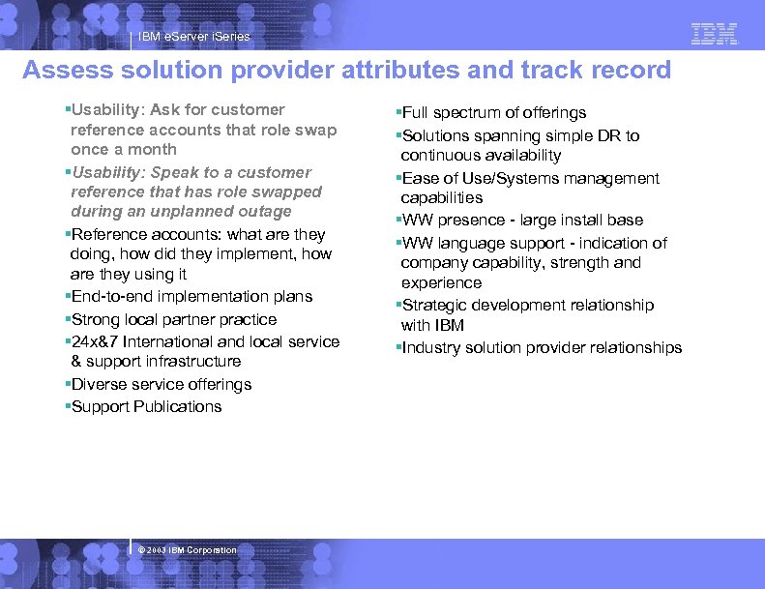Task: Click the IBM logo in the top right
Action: (715, 34)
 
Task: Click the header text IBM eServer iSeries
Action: (193, 37)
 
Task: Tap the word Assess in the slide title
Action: (63, 71)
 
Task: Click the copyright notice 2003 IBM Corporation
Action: (188, 550)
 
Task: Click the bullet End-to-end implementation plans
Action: (191, 297)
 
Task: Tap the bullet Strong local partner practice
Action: (174, 320)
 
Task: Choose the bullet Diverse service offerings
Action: (162, 385)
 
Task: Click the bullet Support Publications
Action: (146, 407)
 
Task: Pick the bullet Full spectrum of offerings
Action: (493, 113)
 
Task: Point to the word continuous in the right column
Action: (438, 156)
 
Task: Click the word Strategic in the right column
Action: (434, 306)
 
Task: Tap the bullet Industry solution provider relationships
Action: (541, 348)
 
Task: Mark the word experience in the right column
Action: (441, 283)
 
